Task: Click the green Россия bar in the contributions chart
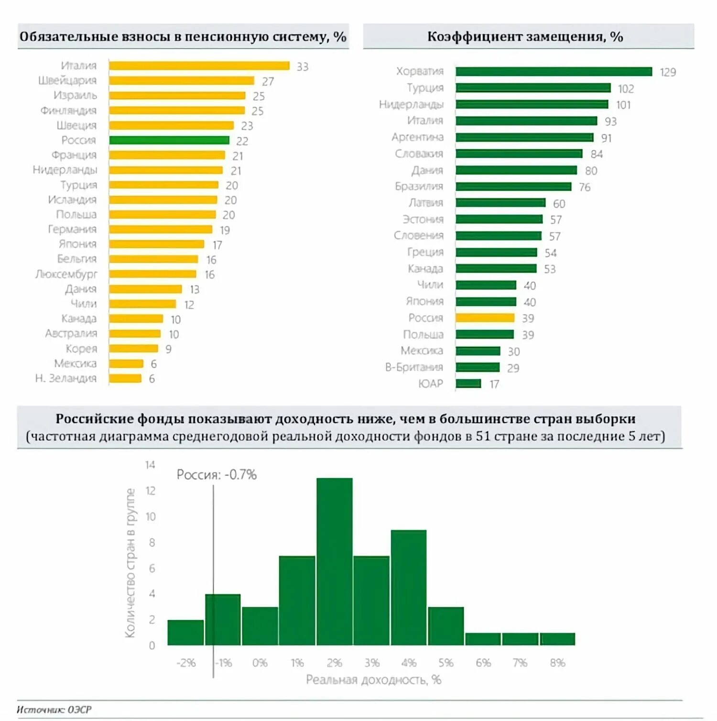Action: [169, 140]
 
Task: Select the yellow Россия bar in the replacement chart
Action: [485, 318]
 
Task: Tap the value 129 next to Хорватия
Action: [668, 72]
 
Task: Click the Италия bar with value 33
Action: [199, 66]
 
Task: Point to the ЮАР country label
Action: [430, 384]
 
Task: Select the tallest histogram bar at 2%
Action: [335, 562]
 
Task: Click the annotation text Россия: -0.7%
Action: [217, 475]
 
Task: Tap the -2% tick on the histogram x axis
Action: [186, 663]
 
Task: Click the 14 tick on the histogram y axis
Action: [150, 465]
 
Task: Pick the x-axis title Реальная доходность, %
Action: [373, 680]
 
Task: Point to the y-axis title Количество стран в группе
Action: [130, 563]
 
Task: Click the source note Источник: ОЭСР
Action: [54, 710]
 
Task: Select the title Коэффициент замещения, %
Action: [525, 37]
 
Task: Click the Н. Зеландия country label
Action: [66, 379]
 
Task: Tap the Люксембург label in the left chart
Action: [66, 274]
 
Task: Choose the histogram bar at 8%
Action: [557, 639]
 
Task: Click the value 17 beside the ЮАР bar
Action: [494, 384]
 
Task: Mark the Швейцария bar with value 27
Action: [181, 81]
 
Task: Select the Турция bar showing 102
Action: [533, 88]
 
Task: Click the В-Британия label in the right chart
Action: [414, 367]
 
